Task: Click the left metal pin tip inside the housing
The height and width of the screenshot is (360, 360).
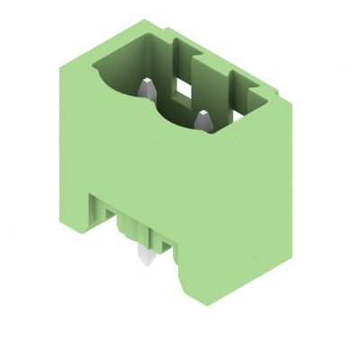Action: point(147,87)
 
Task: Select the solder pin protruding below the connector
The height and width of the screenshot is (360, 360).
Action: point(144,258)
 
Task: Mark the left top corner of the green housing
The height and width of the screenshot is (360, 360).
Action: point(61,55)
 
